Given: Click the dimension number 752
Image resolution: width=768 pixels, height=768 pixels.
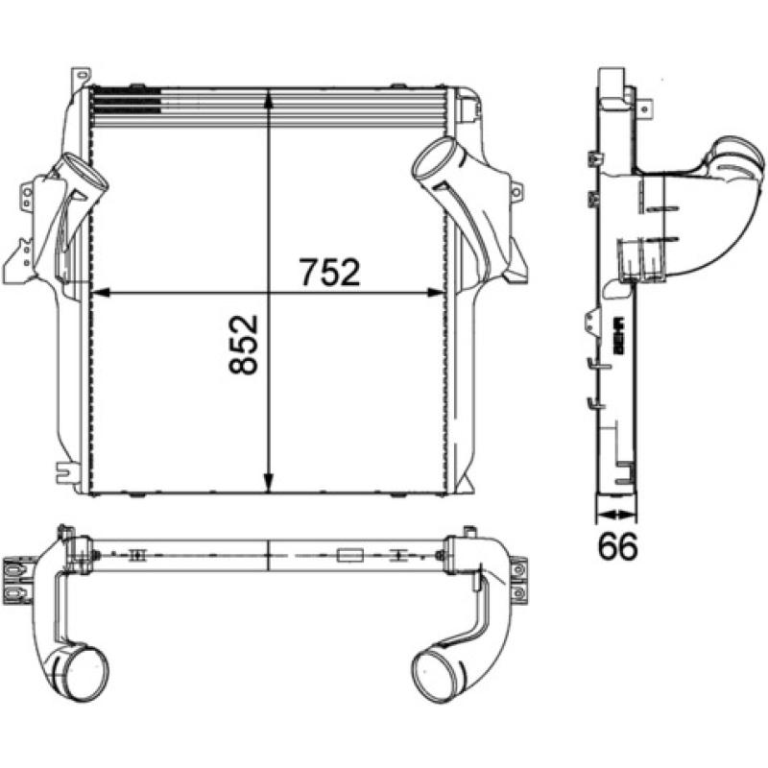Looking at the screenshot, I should click(328, 273).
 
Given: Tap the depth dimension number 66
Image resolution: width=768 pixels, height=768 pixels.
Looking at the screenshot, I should click(618, 545).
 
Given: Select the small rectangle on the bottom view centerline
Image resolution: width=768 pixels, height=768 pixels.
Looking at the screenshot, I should click(349, 555).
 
